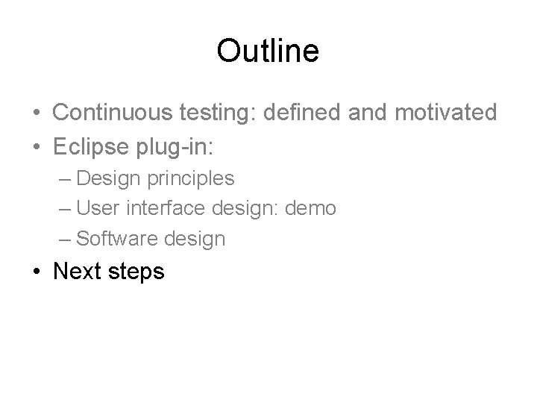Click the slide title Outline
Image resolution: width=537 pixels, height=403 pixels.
(268, 51)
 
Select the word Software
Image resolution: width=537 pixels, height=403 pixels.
(111, 239)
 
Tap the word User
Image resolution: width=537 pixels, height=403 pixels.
(93, 208)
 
